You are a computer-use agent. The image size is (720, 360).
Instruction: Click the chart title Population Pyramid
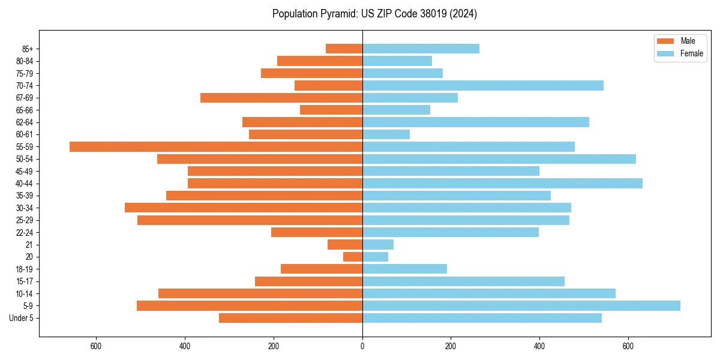click(374, 14)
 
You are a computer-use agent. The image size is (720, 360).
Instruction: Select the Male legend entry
click(688, 41)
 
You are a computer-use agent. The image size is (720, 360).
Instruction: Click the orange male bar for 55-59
click(216, 147)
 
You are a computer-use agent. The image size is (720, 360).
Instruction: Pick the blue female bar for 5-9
click(521, 306)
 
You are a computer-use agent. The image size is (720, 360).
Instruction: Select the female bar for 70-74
click(482, 86)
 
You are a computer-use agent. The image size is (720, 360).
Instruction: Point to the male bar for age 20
click(353, 257)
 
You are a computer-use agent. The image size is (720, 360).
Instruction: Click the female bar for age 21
click(378, 245)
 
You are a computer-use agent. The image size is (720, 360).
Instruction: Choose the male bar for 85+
click(344, 49)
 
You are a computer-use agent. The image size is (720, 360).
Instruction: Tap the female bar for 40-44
click(502, 184)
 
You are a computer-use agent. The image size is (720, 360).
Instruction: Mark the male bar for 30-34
click(244, 208)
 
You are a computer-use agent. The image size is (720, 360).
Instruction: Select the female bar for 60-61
click(386, 134)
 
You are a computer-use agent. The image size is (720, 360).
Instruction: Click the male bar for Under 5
click(290, 318)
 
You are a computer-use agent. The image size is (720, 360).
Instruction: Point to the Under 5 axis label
click(21, 318)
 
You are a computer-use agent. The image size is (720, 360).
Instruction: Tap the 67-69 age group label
click(25, 98)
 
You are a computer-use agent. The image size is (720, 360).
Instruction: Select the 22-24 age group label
click(25, 233)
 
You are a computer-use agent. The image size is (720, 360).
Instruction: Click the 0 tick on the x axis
click(362, 346)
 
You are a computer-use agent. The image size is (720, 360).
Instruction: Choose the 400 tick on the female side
click(539, 346)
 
